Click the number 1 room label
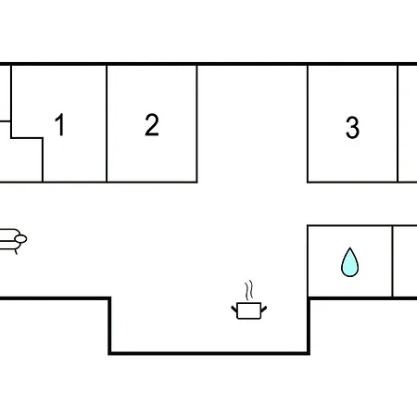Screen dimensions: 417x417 coord(60,124)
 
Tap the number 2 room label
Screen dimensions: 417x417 coord(152,124)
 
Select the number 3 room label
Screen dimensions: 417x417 coord(352,127)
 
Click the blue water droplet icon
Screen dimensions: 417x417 coord(349,262)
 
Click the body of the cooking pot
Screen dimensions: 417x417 coord(249,310)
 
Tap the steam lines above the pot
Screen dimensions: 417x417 coord(249,290)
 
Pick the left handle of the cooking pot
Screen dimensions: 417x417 coord(234,309)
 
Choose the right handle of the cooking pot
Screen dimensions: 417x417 coord(264,309)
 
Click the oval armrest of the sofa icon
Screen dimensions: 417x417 coord(21,239)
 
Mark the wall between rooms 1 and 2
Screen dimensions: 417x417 coord(107,123)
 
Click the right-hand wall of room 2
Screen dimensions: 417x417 coord(196,123)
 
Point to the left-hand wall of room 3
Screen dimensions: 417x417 coord(308,123)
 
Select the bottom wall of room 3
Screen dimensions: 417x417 coord(352,182)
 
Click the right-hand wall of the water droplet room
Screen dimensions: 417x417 coord(392,261)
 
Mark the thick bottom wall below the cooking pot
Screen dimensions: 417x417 coord(209,353)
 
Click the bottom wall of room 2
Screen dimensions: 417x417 coord(152,182)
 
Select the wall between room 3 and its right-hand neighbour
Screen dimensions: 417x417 coord(398,123)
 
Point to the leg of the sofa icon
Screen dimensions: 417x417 coord(16,252)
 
